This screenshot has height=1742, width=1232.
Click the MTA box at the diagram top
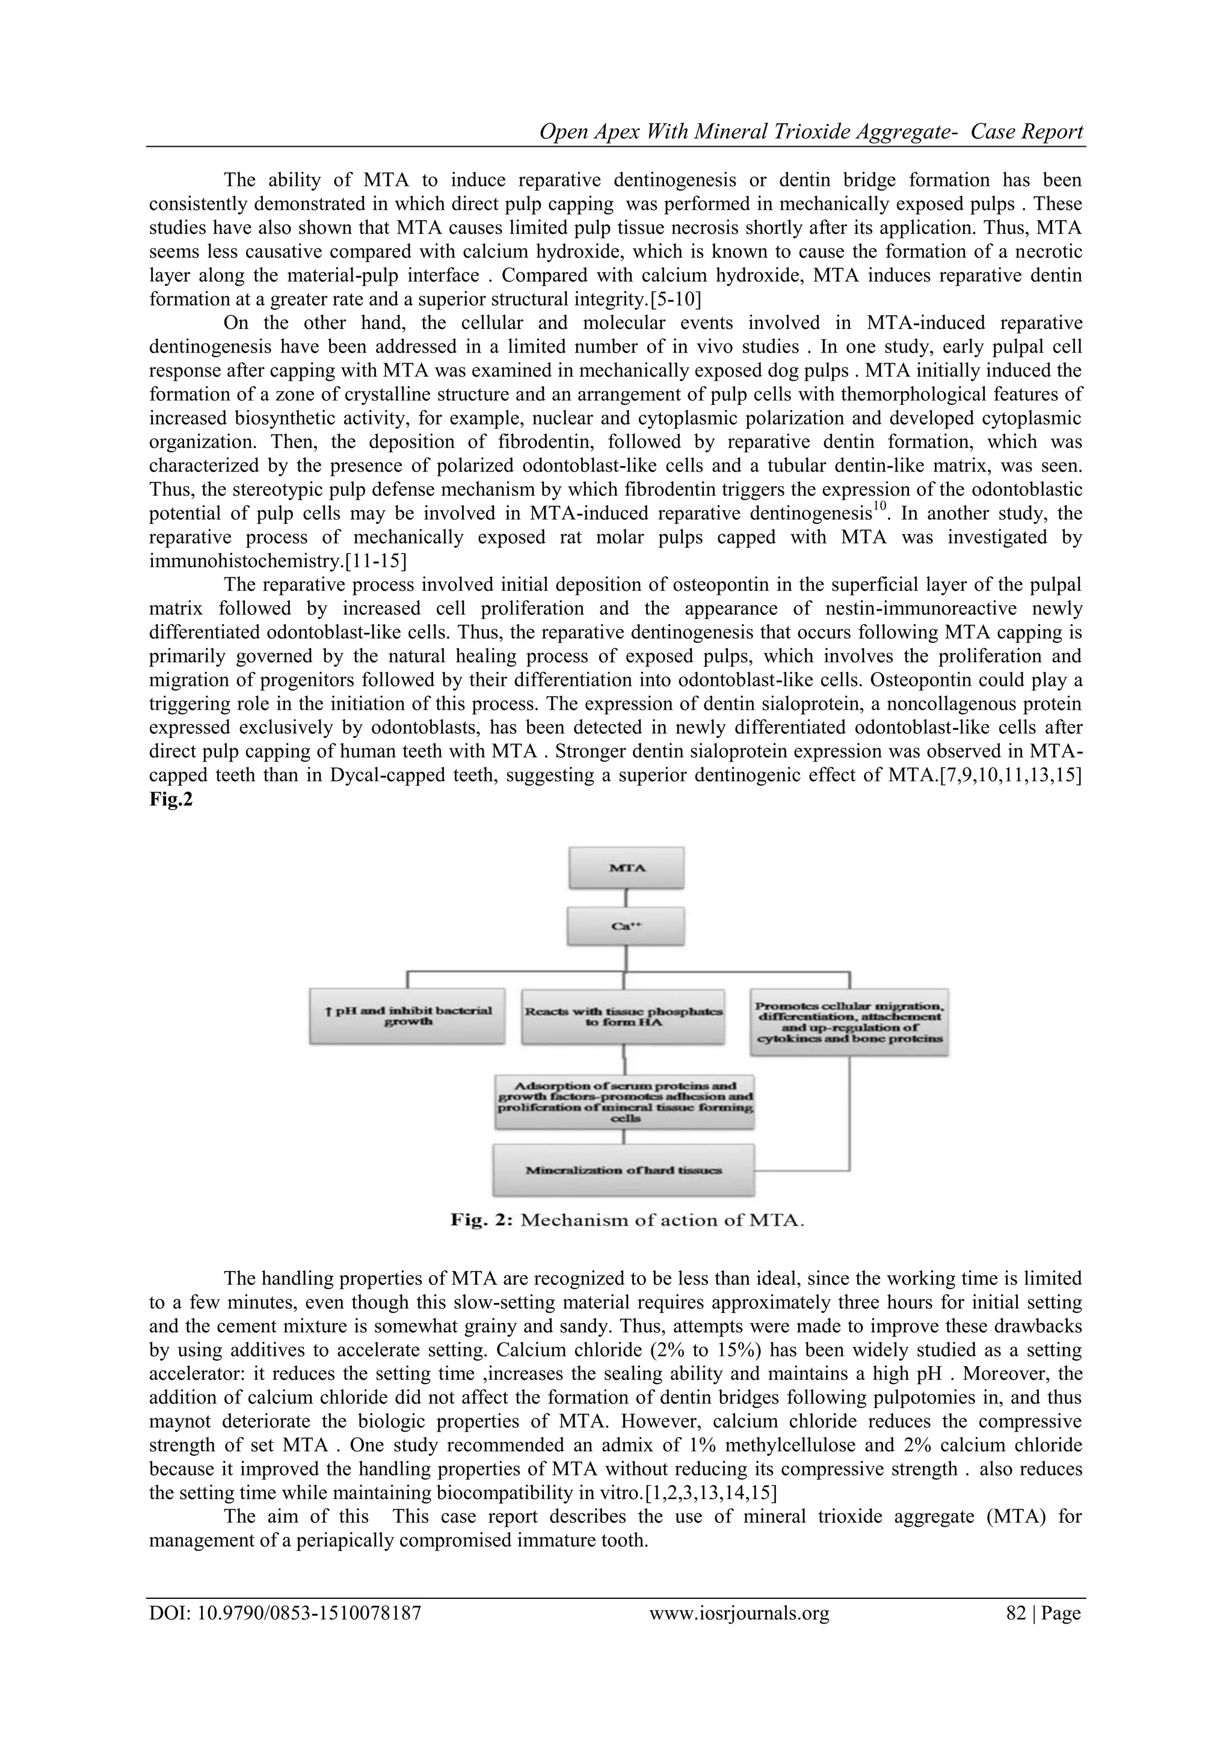[627, 868]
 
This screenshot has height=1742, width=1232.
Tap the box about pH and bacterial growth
[407, 1016]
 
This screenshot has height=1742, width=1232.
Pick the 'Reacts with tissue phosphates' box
[623, 1016]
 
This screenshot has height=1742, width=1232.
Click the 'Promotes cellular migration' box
[849, 1022]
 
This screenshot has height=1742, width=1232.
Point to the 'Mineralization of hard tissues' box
[624, 1169]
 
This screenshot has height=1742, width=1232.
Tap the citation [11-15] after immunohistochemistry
[363, 561]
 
